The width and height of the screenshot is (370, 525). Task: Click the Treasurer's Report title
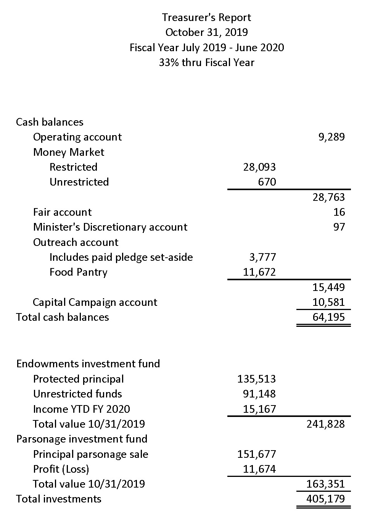(x=206, y=18)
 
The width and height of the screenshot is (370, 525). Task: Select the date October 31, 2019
(x=206, y=32)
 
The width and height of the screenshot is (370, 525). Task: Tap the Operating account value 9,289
(x=331, y=137)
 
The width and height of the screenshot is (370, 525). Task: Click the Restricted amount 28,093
(x=259, y=167)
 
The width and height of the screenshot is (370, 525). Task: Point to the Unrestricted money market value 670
(x=267, y=182)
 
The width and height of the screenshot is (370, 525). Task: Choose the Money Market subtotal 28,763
(x=328, y=197)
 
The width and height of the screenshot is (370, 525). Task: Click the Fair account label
(x=62, y=212)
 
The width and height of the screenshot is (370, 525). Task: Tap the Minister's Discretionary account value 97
(x=339, y=227)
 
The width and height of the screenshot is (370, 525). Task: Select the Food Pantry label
(x=78, y=272)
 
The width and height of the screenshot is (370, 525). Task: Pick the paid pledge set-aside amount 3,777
(x=262, y=257)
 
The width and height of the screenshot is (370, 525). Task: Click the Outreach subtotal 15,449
(x=328, y=287)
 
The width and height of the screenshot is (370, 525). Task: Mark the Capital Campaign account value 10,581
(x=328, y=302)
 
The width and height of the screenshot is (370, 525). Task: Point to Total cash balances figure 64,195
(x=328, y=317)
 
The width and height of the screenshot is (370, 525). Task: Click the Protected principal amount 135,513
(x=256, y=379)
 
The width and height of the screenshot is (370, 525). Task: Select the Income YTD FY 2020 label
(x=81, y=409)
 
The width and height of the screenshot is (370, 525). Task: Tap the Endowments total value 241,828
(x=325, y=424)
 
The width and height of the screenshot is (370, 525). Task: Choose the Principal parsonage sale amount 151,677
(x=256, y=454)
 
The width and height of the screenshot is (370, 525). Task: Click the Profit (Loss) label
(x=61, y=469)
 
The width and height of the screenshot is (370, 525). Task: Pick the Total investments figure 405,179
(x=325, y=499)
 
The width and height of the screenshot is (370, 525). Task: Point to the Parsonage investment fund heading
(x=82, y=439)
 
